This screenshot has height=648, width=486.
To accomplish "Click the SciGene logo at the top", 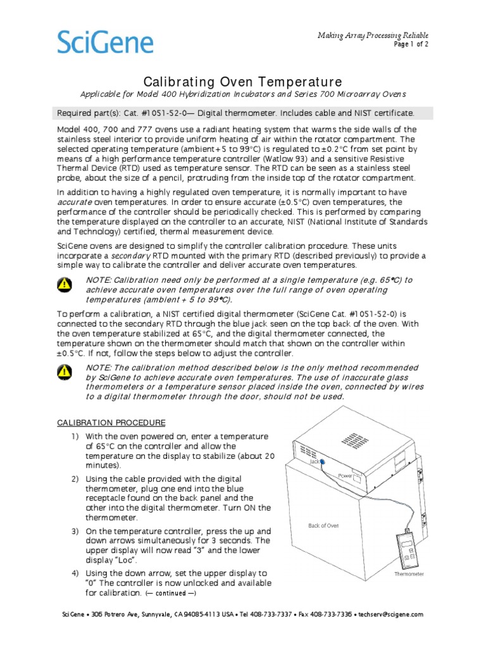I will [x=106, y=42].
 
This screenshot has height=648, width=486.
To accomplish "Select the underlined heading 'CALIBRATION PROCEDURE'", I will [x=111, y=422].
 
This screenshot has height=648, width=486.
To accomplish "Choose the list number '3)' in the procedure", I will [x=75, y=531].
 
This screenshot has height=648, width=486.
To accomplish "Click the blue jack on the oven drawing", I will [x=321, y=462].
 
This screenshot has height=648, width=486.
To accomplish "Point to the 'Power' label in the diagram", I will [x=346, y=475].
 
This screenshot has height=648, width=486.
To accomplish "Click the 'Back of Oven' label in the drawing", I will [x=323, y=525].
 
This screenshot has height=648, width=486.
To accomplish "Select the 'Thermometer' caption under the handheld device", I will [x=409, y=574].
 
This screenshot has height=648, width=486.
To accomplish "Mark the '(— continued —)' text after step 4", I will [x=171, y=594].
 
